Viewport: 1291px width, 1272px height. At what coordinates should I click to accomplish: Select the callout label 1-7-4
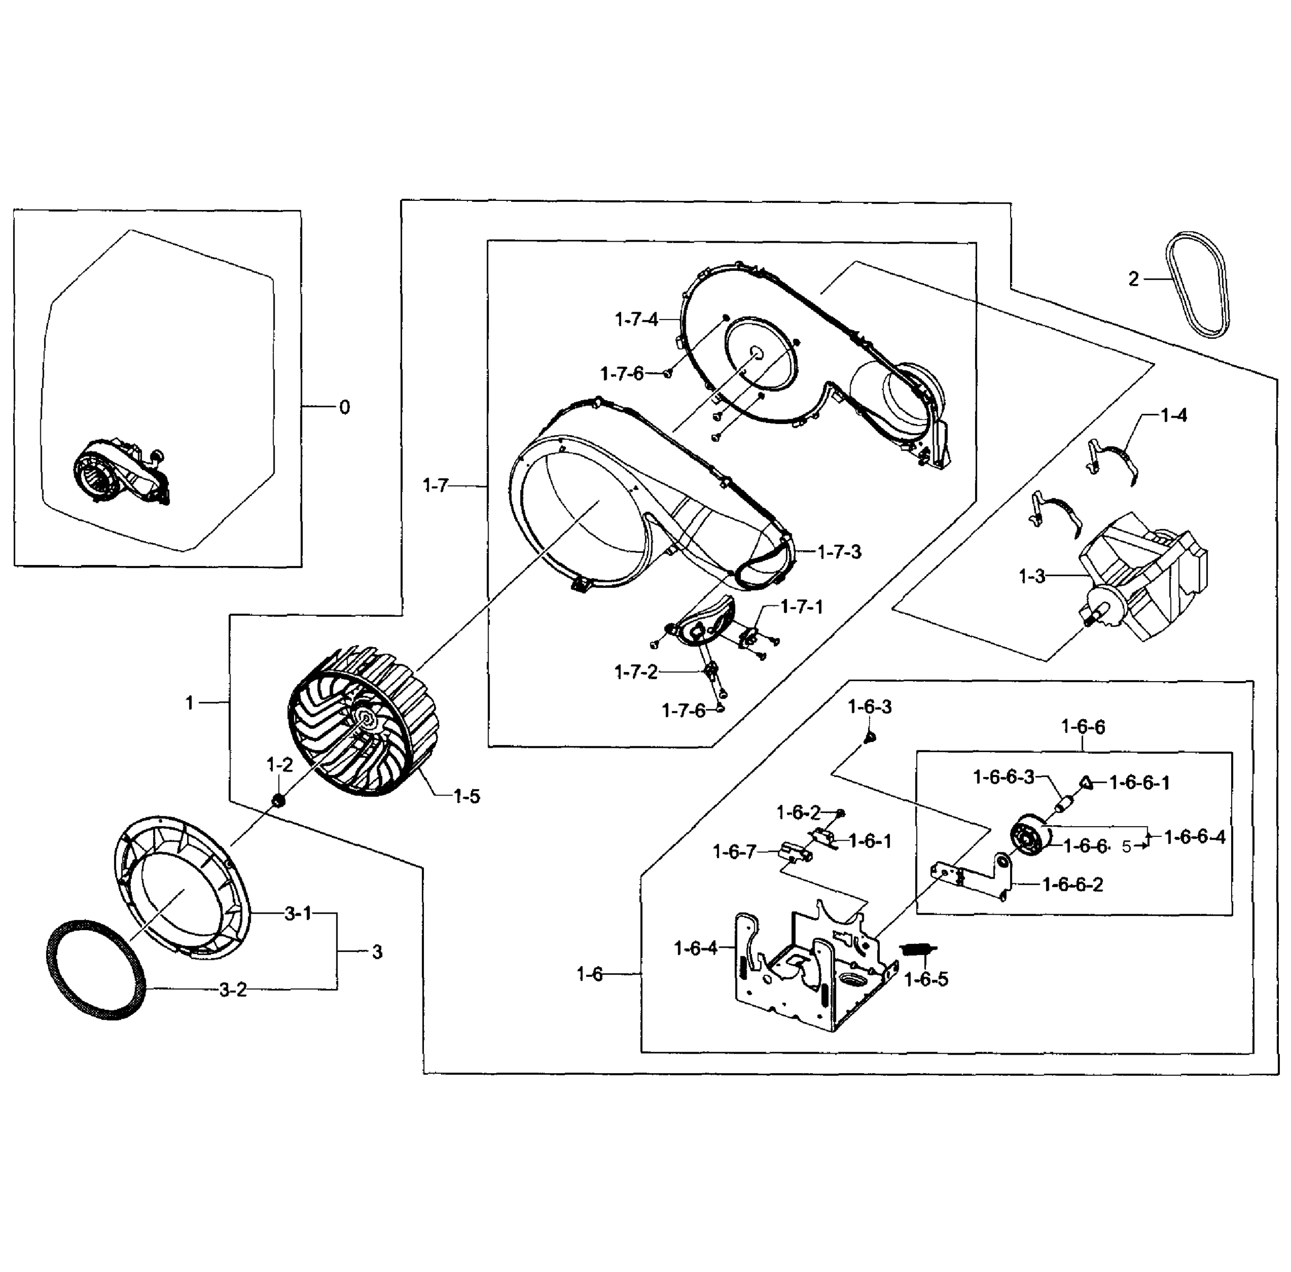(636, 320)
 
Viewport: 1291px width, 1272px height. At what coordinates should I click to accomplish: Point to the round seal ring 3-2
(95, 969)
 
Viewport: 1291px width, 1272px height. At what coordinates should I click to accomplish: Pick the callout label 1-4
(1173, 416)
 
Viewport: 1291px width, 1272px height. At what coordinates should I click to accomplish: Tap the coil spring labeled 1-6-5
(919, 949)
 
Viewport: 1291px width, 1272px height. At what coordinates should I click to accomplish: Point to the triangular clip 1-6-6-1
(1086, 782)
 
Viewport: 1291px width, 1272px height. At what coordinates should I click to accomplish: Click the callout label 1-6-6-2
(1073, 885)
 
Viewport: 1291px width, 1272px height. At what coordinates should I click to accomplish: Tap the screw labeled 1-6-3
(870, 737)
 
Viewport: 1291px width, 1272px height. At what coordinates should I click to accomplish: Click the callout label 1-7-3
(839, 552)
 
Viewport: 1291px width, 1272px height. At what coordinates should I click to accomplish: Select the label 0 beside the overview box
(344, 407)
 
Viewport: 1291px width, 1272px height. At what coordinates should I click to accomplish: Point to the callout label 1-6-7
(734, 852)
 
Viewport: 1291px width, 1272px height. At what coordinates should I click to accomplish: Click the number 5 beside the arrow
(1126, 847)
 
